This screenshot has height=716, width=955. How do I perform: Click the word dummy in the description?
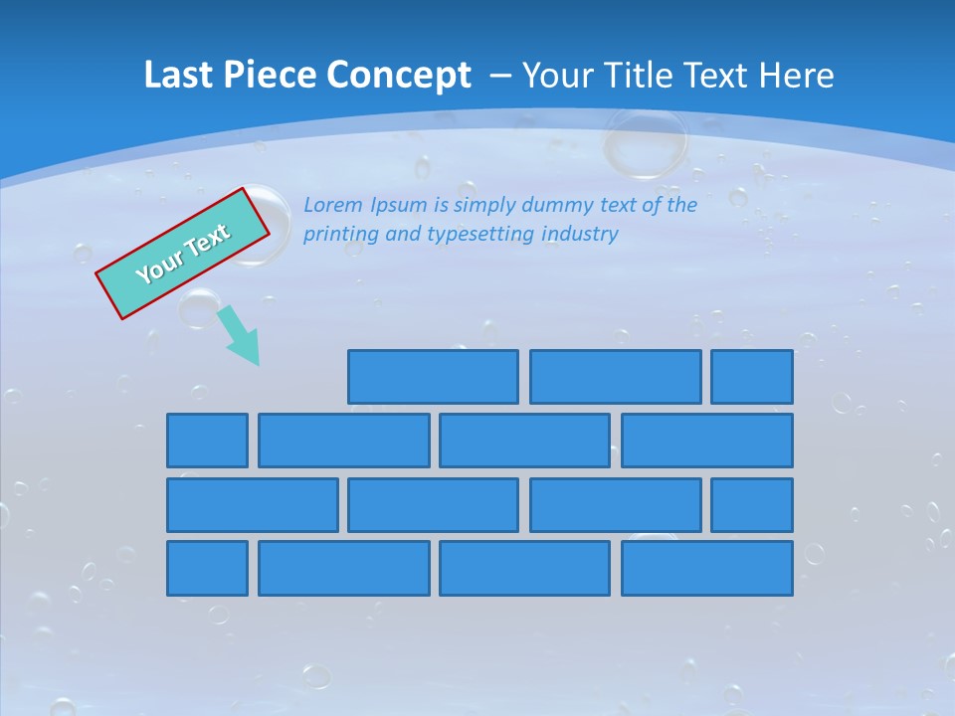point(558,205)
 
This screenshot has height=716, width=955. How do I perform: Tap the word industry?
point(580,235)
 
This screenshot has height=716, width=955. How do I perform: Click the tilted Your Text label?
point(182,253)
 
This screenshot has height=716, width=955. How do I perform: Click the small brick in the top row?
point(752,377)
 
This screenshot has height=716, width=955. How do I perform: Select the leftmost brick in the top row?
point(433,377)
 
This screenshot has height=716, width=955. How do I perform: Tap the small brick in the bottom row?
point(207,568)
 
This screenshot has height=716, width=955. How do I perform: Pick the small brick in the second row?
point(207,441)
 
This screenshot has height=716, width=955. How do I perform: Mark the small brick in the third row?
point(752,504)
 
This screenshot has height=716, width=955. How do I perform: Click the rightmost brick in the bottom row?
point(707,568)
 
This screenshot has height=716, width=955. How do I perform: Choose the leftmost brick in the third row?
point(252,504)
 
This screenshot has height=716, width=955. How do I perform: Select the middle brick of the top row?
point(615,377)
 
